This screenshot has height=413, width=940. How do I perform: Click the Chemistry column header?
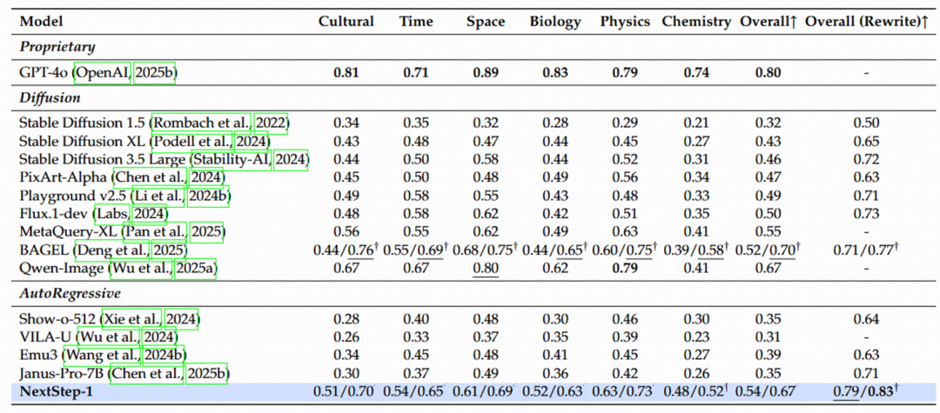[x=696, y=22]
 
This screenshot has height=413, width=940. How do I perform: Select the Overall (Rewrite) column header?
[x=866, y=22]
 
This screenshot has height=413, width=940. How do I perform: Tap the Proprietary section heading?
[x=57, y=47]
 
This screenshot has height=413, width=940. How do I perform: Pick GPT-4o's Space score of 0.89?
[x=485, y=72]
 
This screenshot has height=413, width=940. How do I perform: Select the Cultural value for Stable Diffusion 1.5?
[x=346, y=123]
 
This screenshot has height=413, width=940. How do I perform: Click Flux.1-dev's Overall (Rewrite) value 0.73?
[x=866, y=213]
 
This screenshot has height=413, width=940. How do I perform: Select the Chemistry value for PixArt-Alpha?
[x=696, y=177]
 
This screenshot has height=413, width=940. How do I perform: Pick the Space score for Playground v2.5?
[x=485, y=196]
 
